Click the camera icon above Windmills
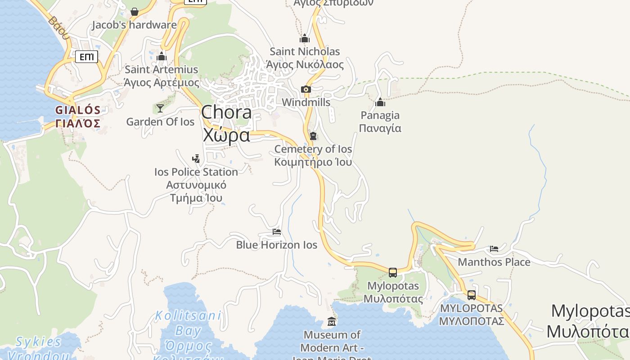(306, 90)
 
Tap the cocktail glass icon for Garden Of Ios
(160, 108)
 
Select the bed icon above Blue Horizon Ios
(277, 232)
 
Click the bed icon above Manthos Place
(494, 249)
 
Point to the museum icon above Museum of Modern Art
(332, 322)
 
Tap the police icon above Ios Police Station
(196, 158)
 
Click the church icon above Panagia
(380, 102)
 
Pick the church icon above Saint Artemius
(162, 56)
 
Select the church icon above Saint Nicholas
(305, 38)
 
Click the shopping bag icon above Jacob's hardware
(134, 12)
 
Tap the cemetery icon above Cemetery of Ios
(313, 136)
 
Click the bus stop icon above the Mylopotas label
(393, 272)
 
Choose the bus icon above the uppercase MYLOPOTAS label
(472, 295)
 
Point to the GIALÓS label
(78, 110)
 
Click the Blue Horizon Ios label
(277, 245)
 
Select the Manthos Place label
(494, 262)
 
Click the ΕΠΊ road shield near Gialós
(87, 57)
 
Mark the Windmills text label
(306, 103)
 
